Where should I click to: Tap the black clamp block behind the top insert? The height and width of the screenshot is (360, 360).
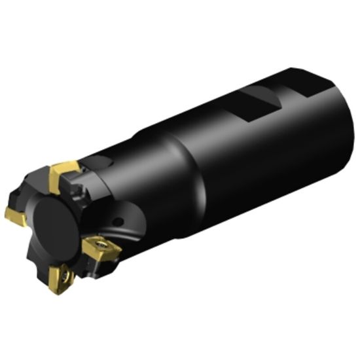click(x=82, y=190)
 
